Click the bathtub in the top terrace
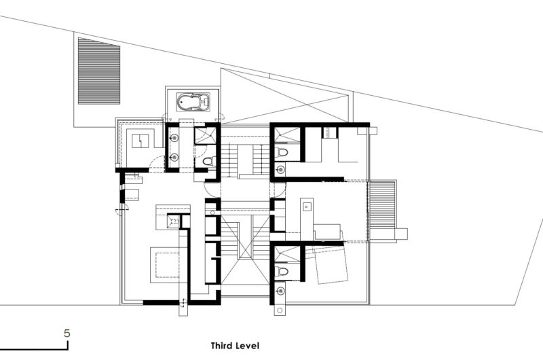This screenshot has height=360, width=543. point(193,102)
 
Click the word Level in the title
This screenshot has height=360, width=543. point(248,346)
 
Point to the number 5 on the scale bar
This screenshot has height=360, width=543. point(67,334)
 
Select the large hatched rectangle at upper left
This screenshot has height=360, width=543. point(99,71)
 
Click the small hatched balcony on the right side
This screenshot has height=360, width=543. point(382,204)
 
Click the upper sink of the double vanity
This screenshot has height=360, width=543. point(174,138)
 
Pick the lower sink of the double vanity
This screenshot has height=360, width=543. point(174,158)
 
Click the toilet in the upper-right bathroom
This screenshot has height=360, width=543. point(282,152)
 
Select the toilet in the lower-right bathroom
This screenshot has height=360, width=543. point(282,271)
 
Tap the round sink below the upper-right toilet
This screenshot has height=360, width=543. point(281,169)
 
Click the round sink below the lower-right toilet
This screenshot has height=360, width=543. point(281,290)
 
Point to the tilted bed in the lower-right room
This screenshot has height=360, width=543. point(330,264)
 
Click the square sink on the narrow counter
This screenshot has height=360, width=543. point(307,207)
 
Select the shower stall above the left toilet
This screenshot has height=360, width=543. point(205,135)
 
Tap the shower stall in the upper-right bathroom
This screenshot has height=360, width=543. point(287,134)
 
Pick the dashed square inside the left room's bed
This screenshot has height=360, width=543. point(167,265)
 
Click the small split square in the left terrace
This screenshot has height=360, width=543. point(141,141)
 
